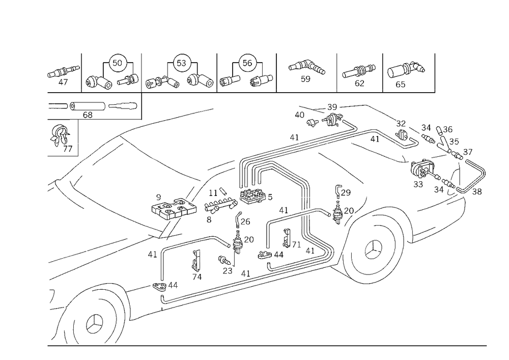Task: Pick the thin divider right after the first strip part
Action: [x=81, y=71]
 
